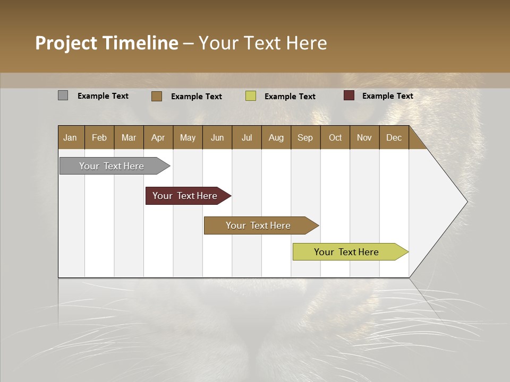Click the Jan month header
tap(71, 137)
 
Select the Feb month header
tap(99, 137)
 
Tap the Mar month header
tap(129, 137)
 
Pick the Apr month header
tap(158, 137)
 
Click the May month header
tap(188, 137)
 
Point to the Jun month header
tap(217, 137)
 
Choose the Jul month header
tap(246, 137)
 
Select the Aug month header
tap(276, 137)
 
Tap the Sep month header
tap(305, 137)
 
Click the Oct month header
tap(335, 137)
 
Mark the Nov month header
tap(364, 137)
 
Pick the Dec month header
tap(394, 137)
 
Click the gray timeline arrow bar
tap(112, 166)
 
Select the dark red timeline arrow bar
tap(185, 196)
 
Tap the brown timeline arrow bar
tap(259, 225)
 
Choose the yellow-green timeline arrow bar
tap(347, 252)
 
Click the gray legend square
tap(63, 95)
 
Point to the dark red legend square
tap(349, 95)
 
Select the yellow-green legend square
tap(251, 96)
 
